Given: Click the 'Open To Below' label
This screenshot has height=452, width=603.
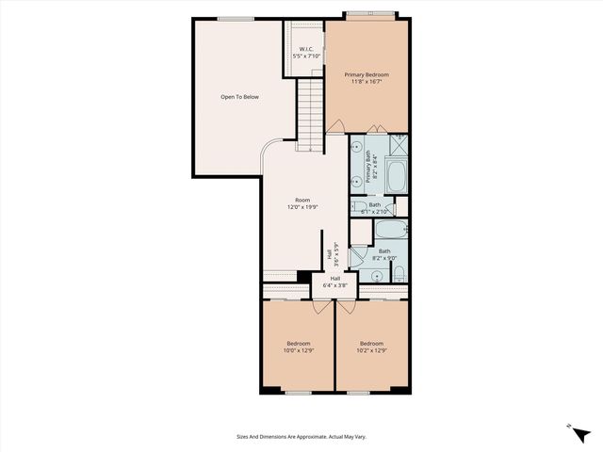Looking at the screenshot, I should click(x=239, y=97).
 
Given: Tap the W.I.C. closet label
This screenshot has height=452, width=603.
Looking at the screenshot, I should click(x=306, y=49).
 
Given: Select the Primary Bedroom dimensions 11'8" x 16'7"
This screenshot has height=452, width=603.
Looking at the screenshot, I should click(x=367, y=82).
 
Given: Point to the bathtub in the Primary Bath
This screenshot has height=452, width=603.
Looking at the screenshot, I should click(x=395, y=174).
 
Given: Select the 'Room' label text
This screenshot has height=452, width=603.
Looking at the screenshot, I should click(x=301, y=200).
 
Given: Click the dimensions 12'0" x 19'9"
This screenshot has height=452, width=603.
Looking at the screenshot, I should click(x=301, y=207).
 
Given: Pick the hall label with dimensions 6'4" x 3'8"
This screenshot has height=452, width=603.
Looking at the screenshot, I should click(x=335, y=282).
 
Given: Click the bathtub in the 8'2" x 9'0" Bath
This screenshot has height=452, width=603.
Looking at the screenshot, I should click(x=388, y=230).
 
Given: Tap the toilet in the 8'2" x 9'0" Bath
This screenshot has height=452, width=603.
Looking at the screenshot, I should click(x=399, y=274).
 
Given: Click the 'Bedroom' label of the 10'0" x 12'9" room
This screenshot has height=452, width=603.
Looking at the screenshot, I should click(x=298, y=344).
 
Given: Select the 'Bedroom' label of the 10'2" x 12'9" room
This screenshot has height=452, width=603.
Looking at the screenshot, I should click(x=371, y=344).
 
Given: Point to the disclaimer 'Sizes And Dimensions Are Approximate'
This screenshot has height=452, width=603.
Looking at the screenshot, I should click(x=301, y=436).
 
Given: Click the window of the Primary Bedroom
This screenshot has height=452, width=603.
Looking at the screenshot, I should click(x=367, y=15).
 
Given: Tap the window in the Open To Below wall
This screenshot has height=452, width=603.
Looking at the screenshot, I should click(x=231, y=19).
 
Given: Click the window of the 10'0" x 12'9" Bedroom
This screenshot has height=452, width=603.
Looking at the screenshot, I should click(x=298, y=392).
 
